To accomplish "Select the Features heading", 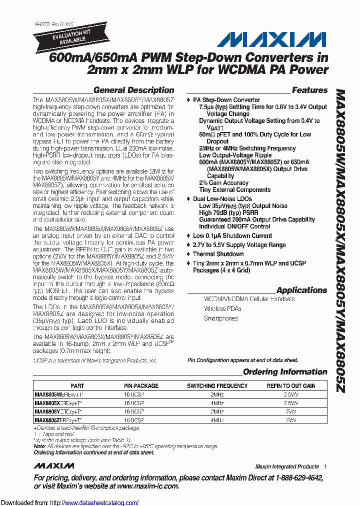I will click(309, 90).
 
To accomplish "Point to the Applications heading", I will click(301, 290).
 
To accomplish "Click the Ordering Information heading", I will click(285, 372).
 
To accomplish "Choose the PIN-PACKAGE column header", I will click(141, 386).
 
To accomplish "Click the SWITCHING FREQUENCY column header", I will click(217, 386).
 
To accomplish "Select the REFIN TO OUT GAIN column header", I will click(291, 386).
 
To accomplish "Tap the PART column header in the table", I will click(77, 386).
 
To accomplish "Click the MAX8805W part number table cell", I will click(58, 394).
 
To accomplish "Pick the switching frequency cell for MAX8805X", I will click(217, 403).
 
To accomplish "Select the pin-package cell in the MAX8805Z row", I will click(134, 420).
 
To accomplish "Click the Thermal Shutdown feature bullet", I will click(218, 254).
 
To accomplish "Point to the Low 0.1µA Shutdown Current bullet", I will click(232, 236).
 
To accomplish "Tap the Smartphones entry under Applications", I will click(220, 318).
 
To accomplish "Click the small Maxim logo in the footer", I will click(54, 466).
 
